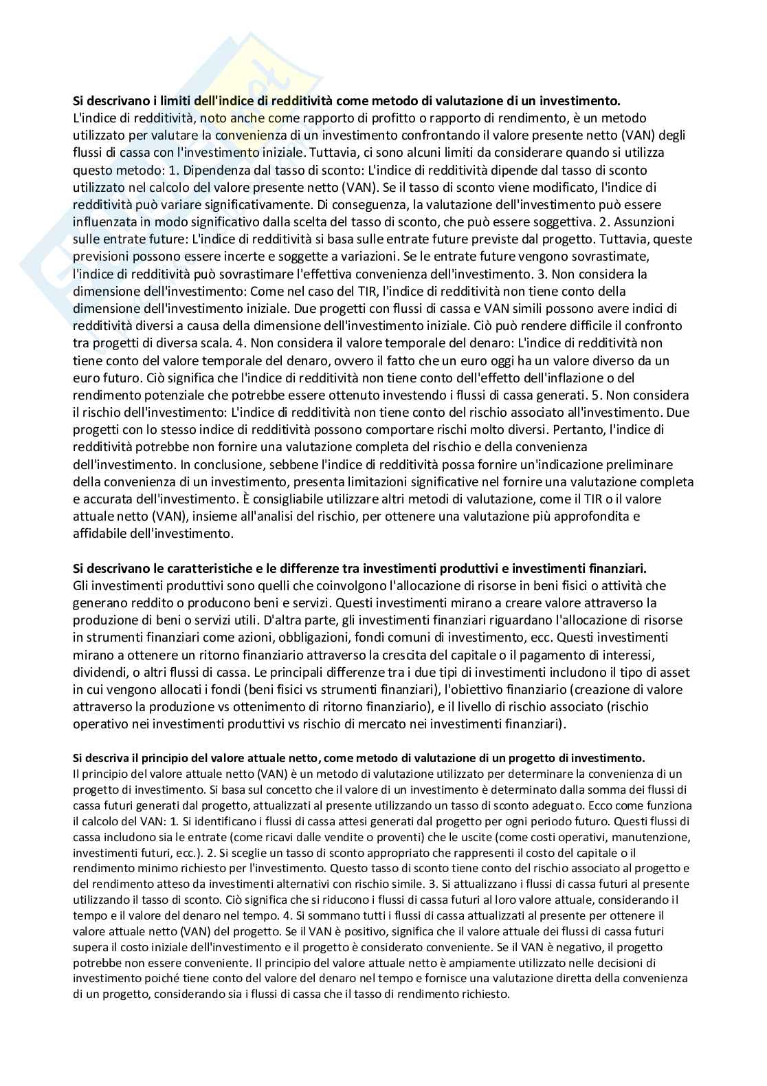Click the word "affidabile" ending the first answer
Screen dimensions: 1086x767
[99, 533]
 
